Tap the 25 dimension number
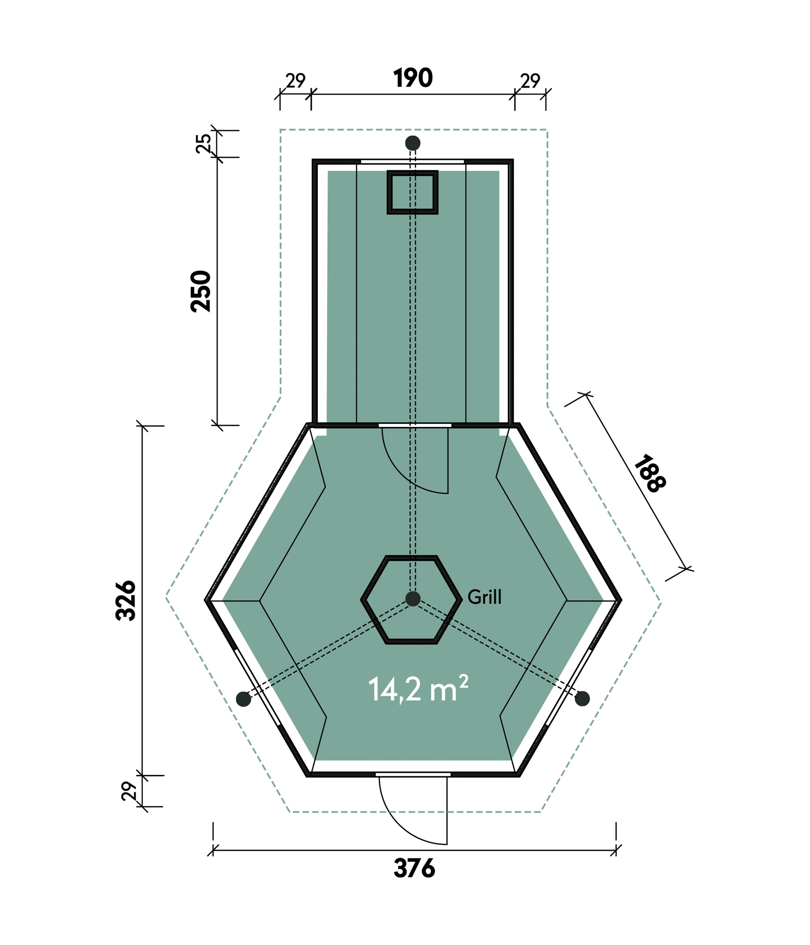pos(203,143)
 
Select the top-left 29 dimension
pos(296,81)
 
